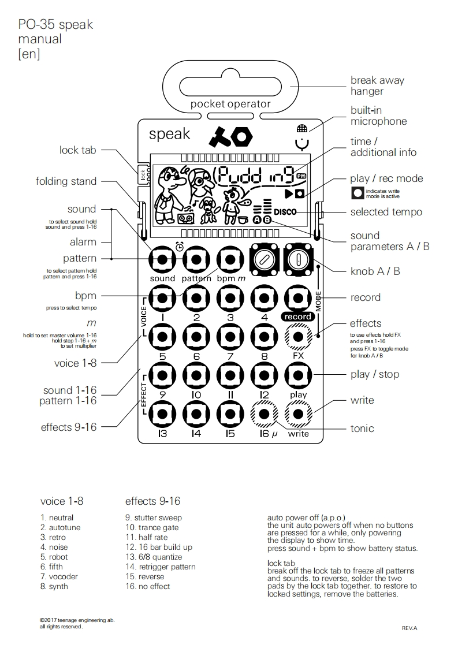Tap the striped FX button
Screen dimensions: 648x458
coord(298,337)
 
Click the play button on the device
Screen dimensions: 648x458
coord(298,376)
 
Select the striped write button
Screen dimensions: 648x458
coord(298,414)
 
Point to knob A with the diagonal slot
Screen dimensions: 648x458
coord(265,259)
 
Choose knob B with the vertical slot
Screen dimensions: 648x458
coord(298,259)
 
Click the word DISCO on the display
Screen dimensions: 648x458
coord(285,212)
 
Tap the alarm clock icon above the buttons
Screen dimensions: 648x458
coord(180,247)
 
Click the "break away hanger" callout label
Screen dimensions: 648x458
coord(377,86)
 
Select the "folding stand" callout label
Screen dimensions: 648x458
coord(66,181)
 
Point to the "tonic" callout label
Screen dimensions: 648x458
coord(362,429)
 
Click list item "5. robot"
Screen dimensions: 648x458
coord(54,557)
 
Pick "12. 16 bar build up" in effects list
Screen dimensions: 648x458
coord(159,547)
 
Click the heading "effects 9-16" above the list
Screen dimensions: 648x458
coord(152,501)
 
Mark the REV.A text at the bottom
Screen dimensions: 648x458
coord(409,628)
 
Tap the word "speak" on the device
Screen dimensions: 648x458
coord(169,134)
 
